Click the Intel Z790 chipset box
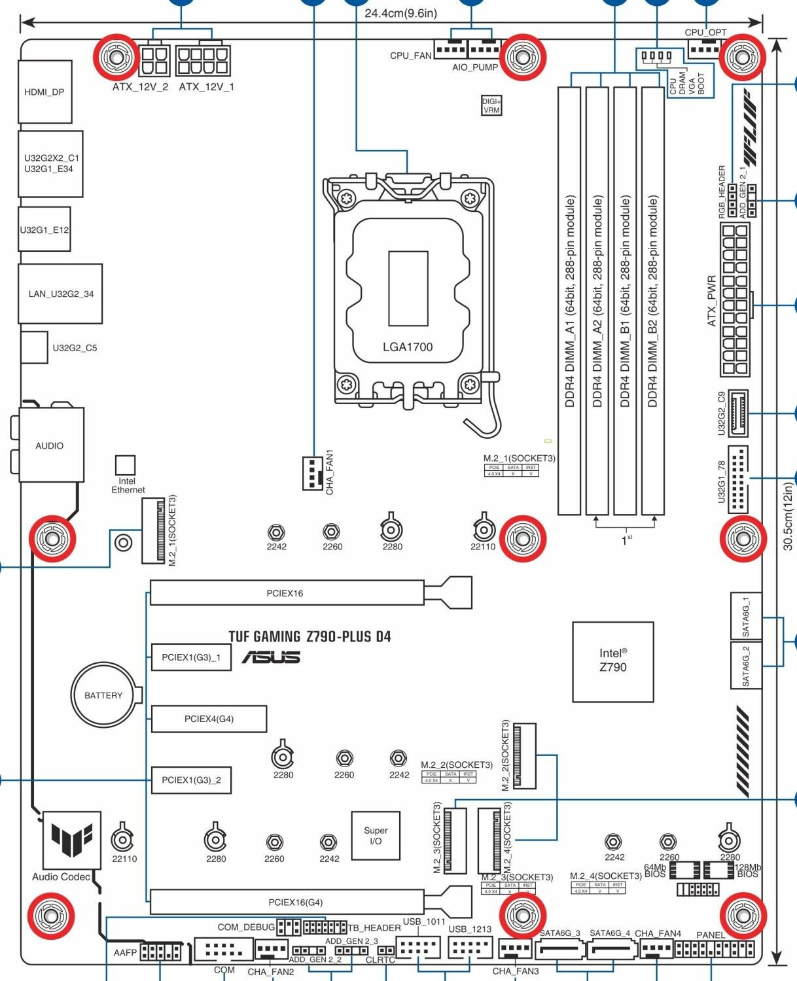pos(612,661)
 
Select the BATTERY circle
pos(103,695)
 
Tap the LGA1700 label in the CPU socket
pos(407,347)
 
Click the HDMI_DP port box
pos(44,92)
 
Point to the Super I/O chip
pos(376,836)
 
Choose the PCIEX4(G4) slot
pos(209,719)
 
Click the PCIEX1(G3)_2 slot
pos(191,780)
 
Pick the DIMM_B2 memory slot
pos(652,301)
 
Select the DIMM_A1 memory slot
pos(569,301)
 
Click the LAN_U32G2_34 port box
pos(60,294)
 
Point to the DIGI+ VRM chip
pos(491,106)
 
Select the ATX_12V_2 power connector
pos(154,61)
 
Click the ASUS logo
pos(271,657)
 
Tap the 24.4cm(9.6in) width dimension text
pos(400,13)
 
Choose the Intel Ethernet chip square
pos(125,466)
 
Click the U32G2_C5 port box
pos(34,347)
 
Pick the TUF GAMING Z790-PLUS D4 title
pos(310,636)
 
